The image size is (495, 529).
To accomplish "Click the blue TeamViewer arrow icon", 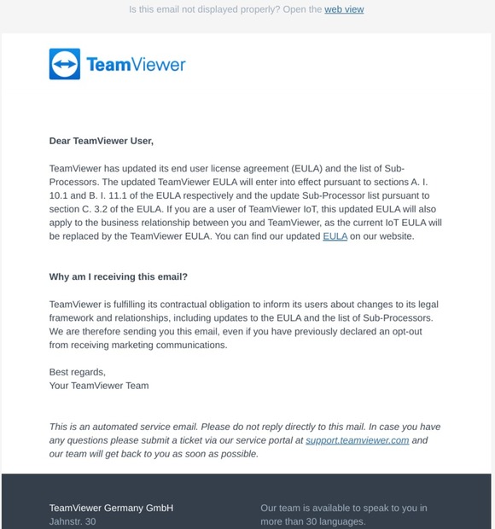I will (x=64, y=64).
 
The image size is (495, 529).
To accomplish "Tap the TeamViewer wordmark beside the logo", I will (x=136, y=64).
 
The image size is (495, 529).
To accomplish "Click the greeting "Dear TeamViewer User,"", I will (x=102, y=141).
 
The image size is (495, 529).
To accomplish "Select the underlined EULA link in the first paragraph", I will (x=335, y=236).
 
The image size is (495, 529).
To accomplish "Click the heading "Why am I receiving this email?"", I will (x=119, y=277).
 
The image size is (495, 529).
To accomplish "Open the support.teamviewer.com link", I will (x=358, y=440).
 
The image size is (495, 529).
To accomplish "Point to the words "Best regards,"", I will (x=78, y=372).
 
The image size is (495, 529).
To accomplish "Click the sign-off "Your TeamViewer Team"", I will (x=99, y=386).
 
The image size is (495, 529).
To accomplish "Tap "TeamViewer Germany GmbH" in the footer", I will (x=111, y=508).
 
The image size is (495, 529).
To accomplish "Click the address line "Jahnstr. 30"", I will (x=73, y=521).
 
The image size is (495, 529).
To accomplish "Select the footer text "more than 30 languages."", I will (x=313, y=521).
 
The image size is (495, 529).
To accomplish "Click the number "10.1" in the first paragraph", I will (x=60, y=195).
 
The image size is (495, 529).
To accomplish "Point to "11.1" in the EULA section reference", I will (x=113, y=195).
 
